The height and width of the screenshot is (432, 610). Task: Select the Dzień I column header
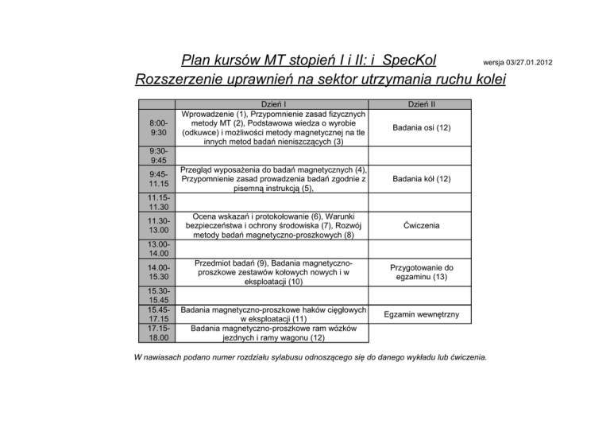click(x=273, y=103)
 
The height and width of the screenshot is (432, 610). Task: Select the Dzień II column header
click(x=421, y=103)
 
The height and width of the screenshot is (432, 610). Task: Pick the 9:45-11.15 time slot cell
click(x=157, y=180)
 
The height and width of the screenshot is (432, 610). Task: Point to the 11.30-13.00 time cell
click(x=157, y=226)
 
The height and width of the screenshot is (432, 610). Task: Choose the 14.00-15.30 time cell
click(x=157, y=272)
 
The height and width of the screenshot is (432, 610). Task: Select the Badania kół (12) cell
click(x=421, y=180)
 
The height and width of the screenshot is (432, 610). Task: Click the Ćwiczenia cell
click(x=421, y=226)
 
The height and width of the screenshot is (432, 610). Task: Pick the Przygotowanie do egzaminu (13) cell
click(x=421, y=272)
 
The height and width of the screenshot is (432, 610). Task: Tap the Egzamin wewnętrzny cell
click(x=421, y=315)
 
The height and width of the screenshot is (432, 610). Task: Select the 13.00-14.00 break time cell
click(x=157, y=249)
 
